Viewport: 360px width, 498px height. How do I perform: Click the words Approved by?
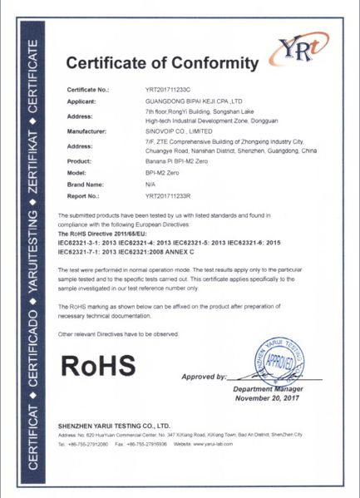pyautogui.click(x=203, y=377)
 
